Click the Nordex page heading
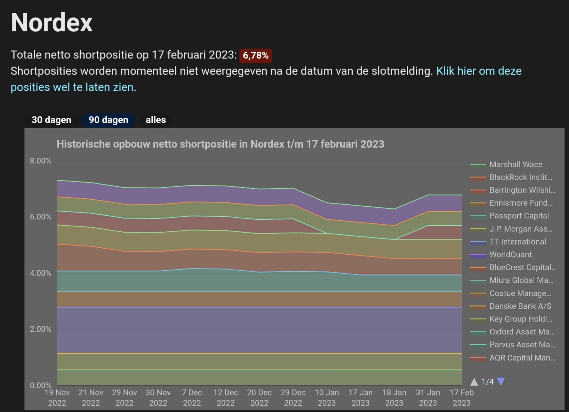(x=52, y=23)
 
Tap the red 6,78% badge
(x=256, y=55)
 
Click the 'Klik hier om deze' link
(x=479, y=71)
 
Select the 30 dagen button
(x=51, y=120)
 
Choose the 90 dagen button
(x=108, y=120)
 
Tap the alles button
(x=155, y=120)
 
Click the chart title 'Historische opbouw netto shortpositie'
(x=220, y=144)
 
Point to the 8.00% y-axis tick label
(x=40, y=161)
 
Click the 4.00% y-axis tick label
(x=40, y=273)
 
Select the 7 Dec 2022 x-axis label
(x=192, y=397)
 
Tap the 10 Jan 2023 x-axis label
(x=327, y=397)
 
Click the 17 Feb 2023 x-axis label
(x=461, y=397)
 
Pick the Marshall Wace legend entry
(x=516, y=165)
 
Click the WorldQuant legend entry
(x=510, y=255)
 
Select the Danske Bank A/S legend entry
(x=520, y=306)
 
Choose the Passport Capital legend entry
(x=519, y=216)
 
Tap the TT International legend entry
(x=517, y=242)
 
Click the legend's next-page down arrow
(x=501, y=382)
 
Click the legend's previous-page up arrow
(x=474, y=382)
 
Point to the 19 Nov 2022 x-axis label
(x=57, y=397)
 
